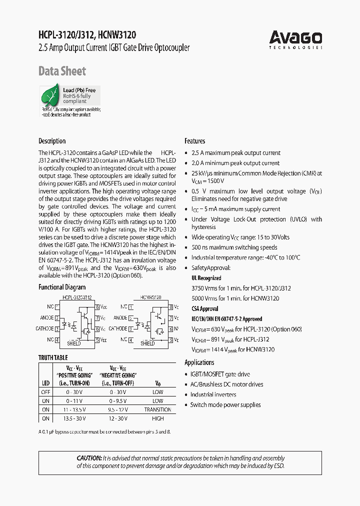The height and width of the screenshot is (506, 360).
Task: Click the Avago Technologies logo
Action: tap(295, 39)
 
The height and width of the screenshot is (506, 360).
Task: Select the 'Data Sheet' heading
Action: tap(62, 71)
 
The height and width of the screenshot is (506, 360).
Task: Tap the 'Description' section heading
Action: tap(52, 141)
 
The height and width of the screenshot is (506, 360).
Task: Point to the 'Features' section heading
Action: tap(195, 141)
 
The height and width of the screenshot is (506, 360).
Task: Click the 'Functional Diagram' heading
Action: tap(62, 287)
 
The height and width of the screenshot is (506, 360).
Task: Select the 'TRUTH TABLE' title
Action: tap(53, 358)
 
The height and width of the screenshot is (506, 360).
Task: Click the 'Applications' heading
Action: tap(199, 362)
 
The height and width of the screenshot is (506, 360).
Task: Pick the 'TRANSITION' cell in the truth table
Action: tap(158, 409)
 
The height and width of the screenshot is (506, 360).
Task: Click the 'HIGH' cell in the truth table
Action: tap(158, 418)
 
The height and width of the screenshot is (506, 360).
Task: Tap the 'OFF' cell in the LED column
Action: tap(46, 392)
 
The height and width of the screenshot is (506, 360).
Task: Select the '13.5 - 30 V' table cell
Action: tap(74, 418)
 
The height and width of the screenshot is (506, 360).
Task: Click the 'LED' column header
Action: tap(45, 383)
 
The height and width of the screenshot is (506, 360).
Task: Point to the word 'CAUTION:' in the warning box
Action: tap(89, 458)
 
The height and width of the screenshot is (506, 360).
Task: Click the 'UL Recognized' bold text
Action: tap(206, 278)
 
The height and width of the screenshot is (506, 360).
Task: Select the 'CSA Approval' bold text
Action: tap(205, 309)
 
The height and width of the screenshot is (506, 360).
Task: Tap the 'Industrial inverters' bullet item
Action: tap(213, 394)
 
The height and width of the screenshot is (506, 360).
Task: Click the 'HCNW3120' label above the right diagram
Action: tap(150, 297)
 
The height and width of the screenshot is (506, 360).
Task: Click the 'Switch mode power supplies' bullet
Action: tap(225, 405)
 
